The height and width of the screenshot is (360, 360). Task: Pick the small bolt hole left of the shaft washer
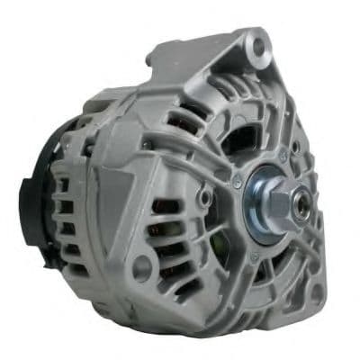point(206,195)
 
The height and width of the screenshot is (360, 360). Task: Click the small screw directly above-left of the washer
point(237,184)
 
